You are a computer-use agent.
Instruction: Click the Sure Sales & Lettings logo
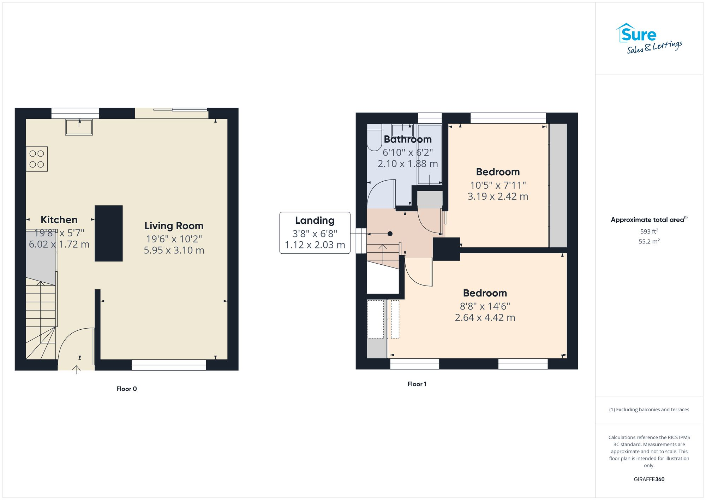coord(648,39)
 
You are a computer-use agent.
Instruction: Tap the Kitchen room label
coord(59,220)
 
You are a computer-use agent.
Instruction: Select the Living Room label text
coord(174,226)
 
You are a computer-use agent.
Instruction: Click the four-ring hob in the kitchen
coord(37,159)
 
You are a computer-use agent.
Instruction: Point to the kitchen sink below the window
coord(79,127)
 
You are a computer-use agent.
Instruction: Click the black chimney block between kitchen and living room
coord(109,233)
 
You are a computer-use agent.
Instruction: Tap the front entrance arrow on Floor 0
coord(76,370)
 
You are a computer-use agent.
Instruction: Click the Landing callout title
coord(315,220)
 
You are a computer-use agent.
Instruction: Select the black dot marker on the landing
coord(390,234)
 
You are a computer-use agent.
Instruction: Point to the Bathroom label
coord(408,139)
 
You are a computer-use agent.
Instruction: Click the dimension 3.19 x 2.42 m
coord(498,196)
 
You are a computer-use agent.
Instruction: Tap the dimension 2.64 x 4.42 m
coord(485,318)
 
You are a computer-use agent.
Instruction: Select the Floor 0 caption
coord(126,389)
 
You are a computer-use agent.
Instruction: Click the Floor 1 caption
coord(417,384)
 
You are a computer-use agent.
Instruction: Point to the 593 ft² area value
coord(649,231)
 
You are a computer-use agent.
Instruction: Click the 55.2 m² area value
coord(649,242)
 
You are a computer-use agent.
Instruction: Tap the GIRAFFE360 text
coord(649,480)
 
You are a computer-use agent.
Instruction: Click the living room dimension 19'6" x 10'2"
coord(174,239)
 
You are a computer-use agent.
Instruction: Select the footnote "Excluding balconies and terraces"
coord(649,410)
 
